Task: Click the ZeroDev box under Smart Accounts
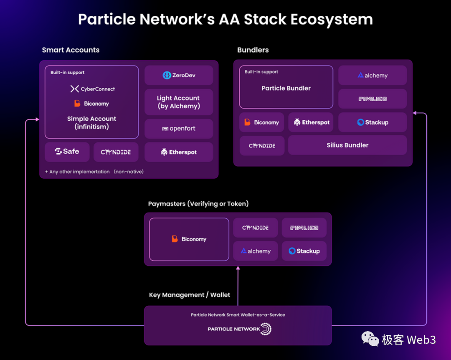click(179, 76)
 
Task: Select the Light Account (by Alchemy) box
click(179, 102)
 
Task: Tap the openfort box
click(179, 129)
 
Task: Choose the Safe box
click(67, 152)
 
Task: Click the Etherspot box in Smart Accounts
click(179, 152)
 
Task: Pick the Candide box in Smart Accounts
click(116, 152)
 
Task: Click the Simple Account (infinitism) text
click(91, 123)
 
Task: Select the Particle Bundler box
click(286, 88)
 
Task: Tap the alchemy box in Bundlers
click(372, 76)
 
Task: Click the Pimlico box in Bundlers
click(372, 99)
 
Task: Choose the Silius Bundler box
click(347, 145)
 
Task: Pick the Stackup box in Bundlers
click(372, 122)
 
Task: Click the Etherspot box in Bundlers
click(311, 122)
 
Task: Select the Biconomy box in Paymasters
click(189, 239)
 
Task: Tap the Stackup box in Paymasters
click(304, 251)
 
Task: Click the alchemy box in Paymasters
click(256, 251)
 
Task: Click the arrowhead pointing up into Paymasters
click(238, 268)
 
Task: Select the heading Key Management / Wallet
click(190, 295)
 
